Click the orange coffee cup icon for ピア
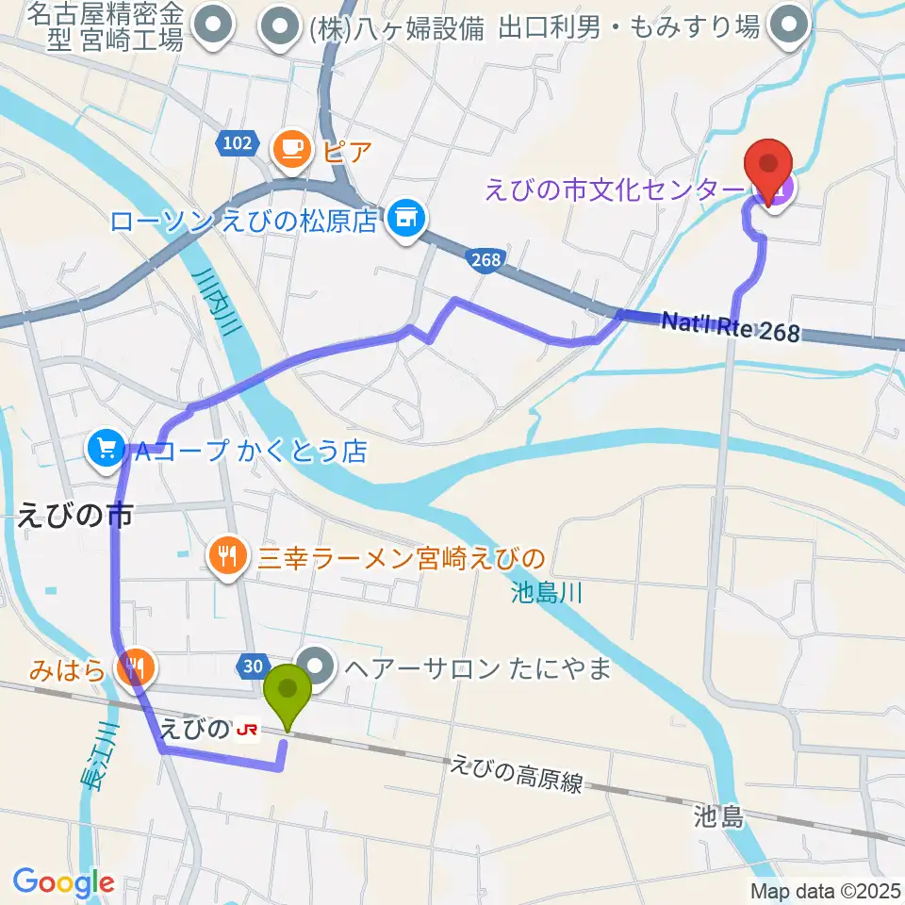[x=292, y=149]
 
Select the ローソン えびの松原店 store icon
[x=406, y=221]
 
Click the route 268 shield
[x=485, y=260]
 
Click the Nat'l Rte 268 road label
[x=730, y=328]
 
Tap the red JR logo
[x=248, y=730]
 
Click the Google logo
[x=63, y=882]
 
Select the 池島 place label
[x=717, y=815]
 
